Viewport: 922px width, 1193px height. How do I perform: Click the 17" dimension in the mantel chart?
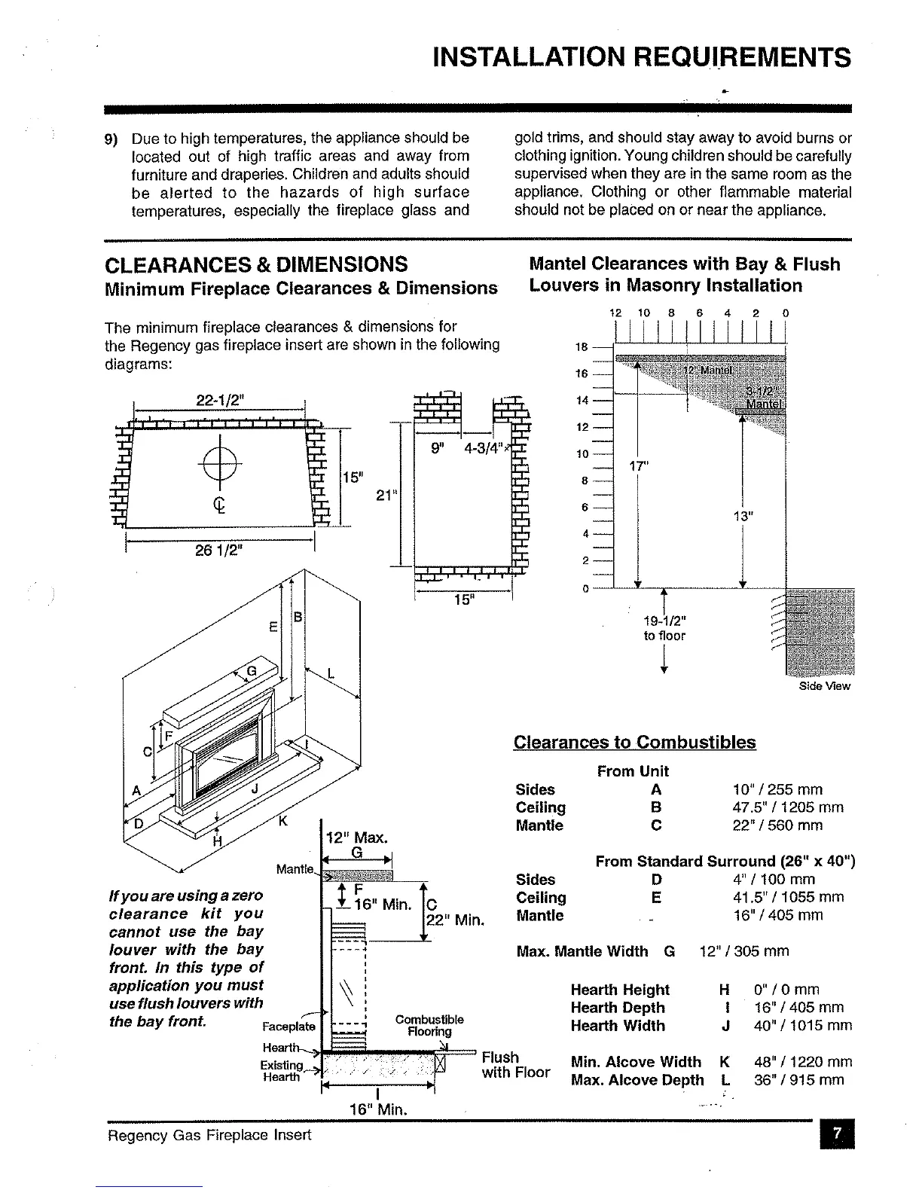(x=638, y=466)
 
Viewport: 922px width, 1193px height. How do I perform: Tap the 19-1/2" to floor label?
(x=664, y=628)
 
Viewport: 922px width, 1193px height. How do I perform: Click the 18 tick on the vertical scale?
(x=581, y=347)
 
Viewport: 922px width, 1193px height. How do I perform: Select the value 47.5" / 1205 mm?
(x=788, y=807)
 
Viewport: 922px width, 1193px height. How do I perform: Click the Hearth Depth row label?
(x=618, y=1008)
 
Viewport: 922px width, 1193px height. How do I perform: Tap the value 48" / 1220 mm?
(x=803, y=1062)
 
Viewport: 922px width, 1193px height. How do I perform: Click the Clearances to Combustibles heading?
(x=634, y=742)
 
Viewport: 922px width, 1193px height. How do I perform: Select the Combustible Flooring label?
(x=429, y=1026)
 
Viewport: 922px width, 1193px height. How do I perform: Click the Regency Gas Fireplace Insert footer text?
(x=209, y=1134)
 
